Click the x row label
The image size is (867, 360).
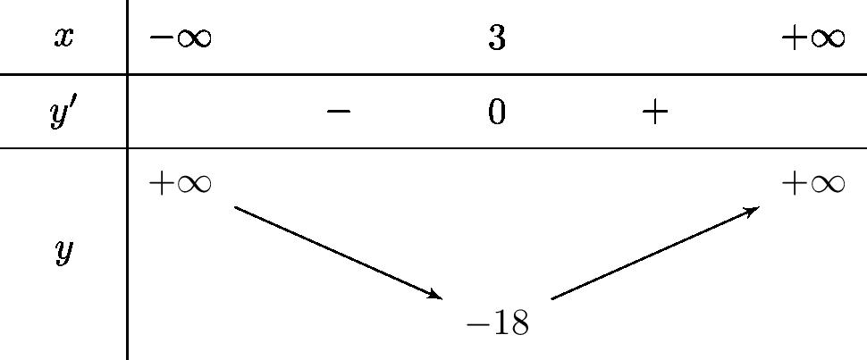click(63, 38)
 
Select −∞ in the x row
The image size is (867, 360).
click(180, 38)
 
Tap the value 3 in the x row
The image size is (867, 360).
click(497, 38)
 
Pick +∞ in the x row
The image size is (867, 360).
click(812, 38)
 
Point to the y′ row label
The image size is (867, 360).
click(63, 112)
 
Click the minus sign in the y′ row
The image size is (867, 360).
click(338, 112)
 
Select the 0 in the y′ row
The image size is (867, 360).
click(497, 113)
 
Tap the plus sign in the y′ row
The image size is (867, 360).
click(655, 112)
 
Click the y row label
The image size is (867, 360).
click(63, 253)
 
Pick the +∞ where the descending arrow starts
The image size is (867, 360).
click(180, 183)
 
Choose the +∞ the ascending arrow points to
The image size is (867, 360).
click(812, 183)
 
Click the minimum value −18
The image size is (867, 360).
click(498, 323)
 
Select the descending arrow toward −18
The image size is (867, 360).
click(338, 252)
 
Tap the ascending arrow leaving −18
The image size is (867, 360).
click(655, 253)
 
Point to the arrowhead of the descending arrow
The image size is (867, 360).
click(436, 295)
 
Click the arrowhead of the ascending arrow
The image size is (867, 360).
click(753, 210)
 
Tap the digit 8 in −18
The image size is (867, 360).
click(518, 323)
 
